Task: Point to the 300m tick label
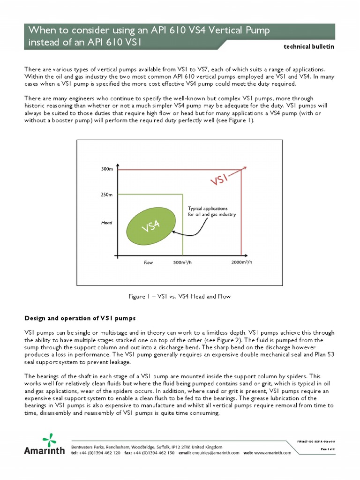click(107, 169)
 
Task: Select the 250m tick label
click(107, 195)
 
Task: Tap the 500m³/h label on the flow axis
click(183, 262)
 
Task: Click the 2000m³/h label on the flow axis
click(242, 262)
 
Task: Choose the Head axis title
click(107, 223)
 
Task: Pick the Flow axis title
click(149, 263)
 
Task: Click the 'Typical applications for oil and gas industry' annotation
click(212, 211)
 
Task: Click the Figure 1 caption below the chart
click(180, 296)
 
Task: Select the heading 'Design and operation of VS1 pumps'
click(80, 319)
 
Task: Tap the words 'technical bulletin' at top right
click(310, 47)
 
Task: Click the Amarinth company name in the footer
click(45, 451)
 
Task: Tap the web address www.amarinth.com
click(272, 453)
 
